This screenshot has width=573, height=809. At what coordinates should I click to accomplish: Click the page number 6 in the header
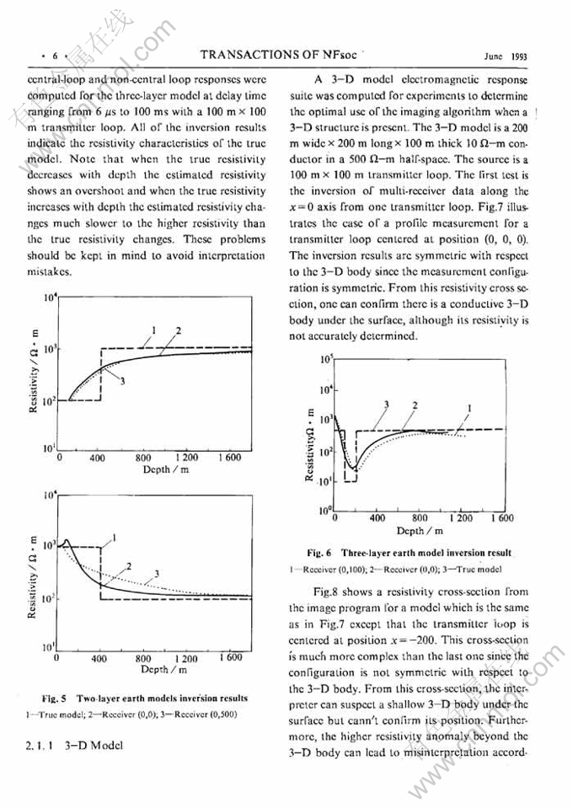55,56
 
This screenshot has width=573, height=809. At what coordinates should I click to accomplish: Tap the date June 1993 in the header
502,56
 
